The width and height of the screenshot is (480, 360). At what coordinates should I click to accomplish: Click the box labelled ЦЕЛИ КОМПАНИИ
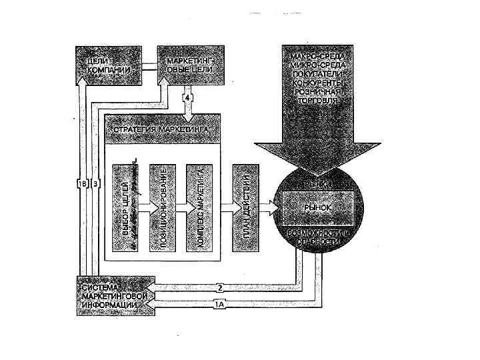point(109,65)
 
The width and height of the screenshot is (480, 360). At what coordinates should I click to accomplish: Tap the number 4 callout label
point(188,98)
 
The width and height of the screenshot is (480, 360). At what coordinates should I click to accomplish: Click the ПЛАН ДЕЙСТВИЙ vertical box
point(245,207)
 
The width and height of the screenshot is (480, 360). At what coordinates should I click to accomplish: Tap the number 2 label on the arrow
point(219,288)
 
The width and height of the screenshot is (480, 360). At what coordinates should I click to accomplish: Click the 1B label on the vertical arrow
point(83,183)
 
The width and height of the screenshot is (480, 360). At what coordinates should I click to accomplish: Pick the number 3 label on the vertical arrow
point(95,183)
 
